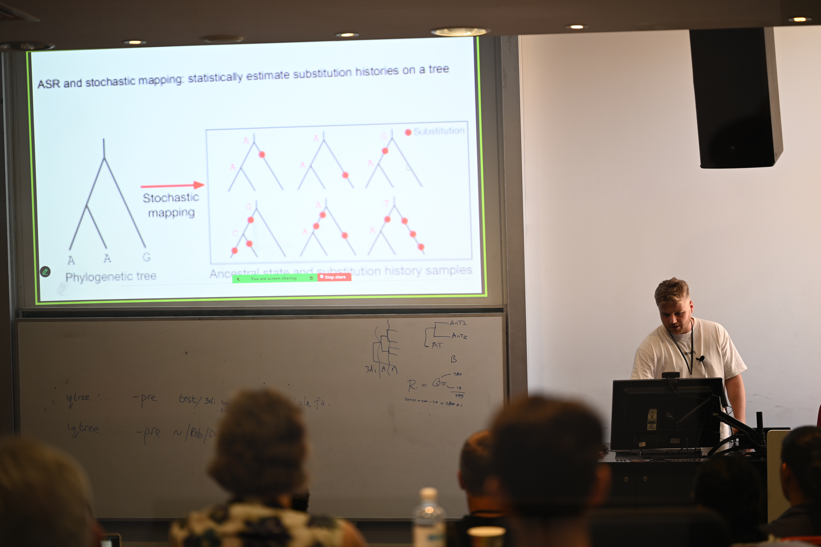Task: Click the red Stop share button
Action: point(334,277)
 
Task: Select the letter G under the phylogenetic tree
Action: point(147,257)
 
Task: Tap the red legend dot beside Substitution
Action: point(408,132)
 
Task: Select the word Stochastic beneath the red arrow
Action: point(171,198)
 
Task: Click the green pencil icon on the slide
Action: point(45,271)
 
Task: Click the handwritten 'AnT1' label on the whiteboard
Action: point(458,323)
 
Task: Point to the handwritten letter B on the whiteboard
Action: point(453,359)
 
